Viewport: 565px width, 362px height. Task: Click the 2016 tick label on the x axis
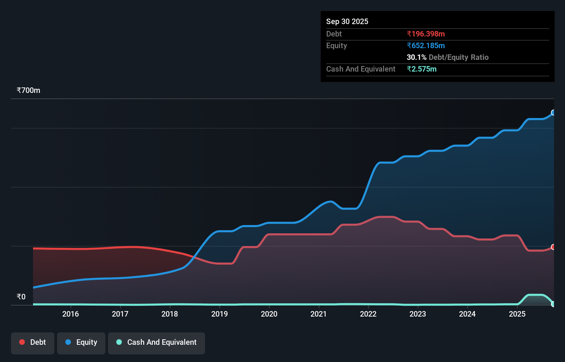coord(71,314)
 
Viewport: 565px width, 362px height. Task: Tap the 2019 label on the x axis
coord(219,314)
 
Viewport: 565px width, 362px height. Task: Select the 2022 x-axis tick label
coord(368,314)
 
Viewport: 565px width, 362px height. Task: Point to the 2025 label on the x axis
coord(517,314)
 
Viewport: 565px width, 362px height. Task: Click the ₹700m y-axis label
coord(29,90)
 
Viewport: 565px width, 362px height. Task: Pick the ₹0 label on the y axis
coord(21,297)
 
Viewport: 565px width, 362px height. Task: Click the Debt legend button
coord(33,342)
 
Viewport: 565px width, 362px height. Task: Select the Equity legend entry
coord(81,342)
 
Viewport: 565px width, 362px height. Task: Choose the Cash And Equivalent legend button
coord(157,342)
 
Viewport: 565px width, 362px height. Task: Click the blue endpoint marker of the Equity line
coord(553,113)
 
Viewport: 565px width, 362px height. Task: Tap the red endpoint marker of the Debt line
coord(553,247)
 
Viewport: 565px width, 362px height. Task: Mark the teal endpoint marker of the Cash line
coord(553,304)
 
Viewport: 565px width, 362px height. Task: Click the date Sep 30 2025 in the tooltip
coord(347,21)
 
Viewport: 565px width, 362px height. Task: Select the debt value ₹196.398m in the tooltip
coord(426,34)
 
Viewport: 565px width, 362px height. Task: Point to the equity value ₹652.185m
coord(426,45)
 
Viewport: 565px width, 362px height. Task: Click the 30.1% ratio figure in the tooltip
coord(416,57)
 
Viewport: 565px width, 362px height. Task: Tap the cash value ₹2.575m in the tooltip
coord(422,69)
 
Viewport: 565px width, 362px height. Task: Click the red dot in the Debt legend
coord(22,342)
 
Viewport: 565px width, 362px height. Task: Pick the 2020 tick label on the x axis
coord(269,314)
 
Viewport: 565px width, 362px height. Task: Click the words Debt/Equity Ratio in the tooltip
coord(458,57)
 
